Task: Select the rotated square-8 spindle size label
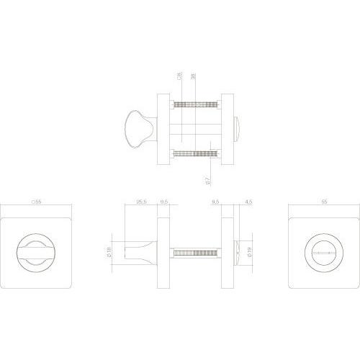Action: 177,78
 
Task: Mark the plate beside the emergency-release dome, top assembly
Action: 227,128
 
